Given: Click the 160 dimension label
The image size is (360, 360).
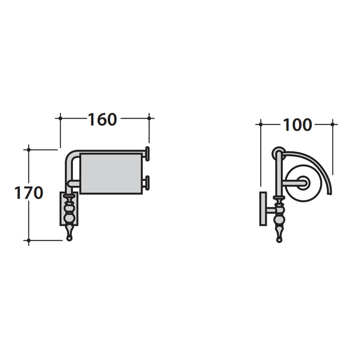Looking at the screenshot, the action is (103, 119).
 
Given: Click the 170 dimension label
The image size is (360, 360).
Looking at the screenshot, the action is (29, 193).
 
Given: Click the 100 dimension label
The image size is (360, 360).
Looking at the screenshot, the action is (297, 125).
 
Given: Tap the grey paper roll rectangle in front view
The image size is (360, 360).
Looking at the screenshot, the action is (111, 174).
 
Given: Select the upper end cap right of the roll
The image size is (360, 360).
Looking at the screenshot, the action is (148, 154).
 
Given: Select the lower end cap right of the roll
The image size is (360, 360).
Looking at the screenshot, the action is (148, 183).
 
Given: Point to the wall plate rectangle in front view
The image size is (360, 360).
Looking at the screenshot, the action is (69, 209).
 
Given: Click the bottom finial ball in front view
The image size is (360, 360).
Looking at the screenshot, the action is (69, 238).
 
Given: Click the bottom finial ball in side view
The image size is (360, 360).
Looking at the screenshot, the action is (279, 240).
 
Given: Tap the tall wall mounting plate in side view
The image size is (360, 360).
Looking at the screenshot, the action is (263, 209).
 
